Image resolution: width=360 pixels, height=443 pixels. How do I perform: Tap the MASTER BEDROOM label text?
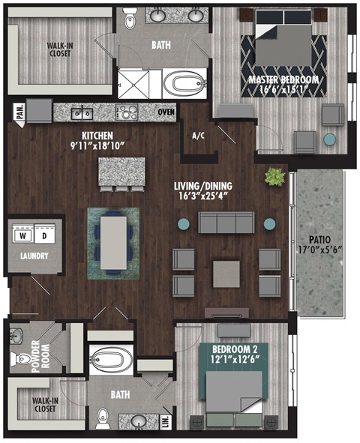tap(284, 79)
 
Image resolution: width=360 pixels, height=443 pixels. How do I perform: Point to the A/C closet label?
tap(198, 136)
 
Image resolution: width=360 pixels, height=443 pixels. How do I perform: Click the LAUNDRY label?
tap(34, 256)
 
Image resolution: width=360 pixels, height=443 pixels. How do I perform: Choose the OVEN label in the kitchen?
tap(166, 112)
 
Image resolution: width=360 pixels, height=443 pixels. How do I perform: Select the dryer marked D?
tap(44, 234)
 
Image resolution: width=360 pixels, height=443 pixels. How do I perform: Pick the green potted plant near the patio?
tap(276, 178)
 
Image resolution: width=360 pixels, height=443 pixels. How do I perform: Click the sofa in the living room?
tap(226, 223)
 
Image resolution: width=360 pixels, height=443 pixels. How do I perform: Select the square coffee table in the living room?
tap(226, 274)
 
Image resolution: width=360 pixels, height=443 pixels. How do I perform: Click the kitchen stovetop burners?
tap(127, 112)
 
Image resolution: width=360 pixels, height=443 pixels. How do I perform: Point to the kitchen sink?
tap(82, 112)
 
